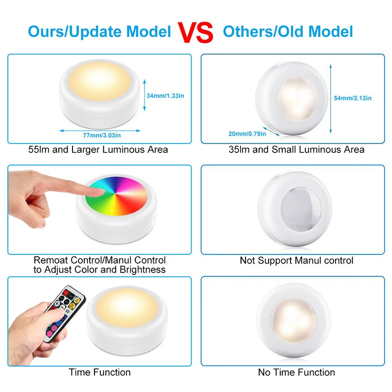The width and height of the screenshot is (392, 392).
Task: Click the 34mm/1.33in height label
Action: pyautogui.click(x=166, y=96)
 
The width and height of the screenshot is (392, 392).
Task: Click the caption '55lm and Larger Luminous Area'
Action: pyautogui.click(x=98, y=149)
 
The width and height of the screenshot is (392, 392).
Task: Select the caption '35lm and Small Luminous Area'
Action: pyautogui.click(x=296, y=149)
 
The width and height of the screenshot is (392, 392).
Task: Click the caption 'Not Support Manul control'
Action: pyautogui.click(x=296, y=261)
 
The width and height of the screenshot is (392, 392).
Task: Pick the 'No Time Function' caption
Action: pyautogui.click(x=296, y=372)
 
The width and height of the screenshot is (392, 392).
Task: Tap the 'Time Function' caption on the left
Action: pyautogui.click(x=100, y=372)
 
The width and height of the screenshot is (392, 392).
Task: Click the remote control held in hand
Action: pyautogui.click(x=66, y=314)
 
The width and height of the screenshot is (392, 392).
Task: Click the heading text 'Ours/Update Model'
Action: pyautogui.click(x=99, y=32)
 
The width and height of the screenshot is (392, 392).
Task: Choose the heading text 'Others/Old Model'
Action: pyautogui.click(x=288, y=32)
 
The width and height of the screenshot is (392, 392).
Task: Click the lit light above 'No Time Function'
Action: pyautogui.click(x=293, y=319)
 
